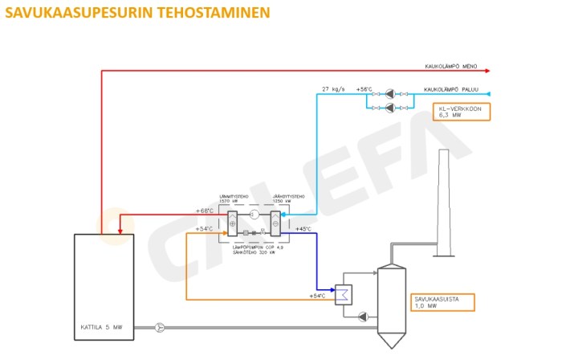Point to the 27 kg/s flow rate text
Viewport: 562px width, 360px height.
coord(333,89)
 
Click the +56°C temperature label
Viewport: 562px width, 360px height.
coord(364,89)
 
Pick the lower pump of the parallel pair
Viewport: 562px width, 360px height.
coord(389,107)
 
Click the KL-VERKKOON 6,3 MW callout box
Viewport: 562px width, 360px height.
coord(461,112)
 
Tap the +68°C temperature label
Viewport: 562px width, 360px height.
coord(205,211)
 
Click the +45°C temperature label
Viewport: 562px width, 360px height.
coord(304,229)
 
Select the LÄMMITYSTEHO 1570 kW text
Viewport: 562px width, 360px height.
coord(233,199)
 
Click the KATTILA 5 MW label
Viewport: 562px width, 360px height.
coord(100,327)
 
